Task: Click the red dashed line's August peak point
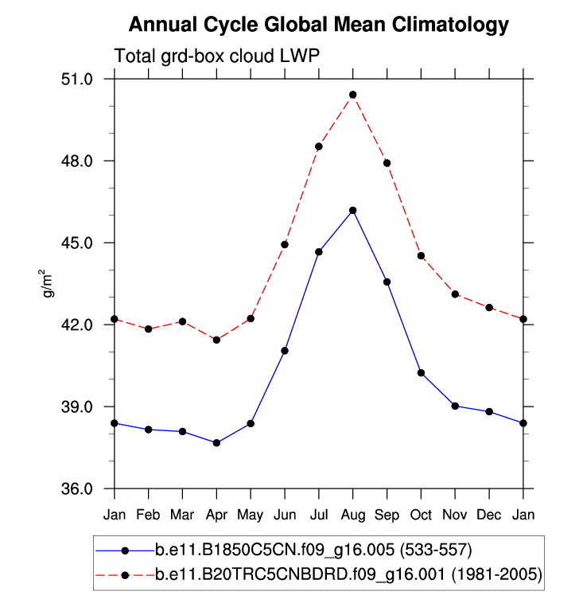[352, 95]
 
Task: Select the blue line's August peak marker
[352, 210]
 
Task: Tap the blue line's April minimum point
[216, 442]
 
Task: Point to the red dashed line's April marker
[216, 340]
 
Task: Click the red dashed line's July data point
[318, 146]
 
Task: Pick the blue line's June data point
[284, 351]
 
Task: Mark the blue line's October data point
[421, 373]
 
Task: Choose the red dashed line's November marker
[455, 294]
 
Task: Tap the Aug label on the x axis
[352, 515]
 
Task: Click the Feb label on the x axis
[148, 515]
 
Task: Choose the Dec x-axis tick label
[488, 515]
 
